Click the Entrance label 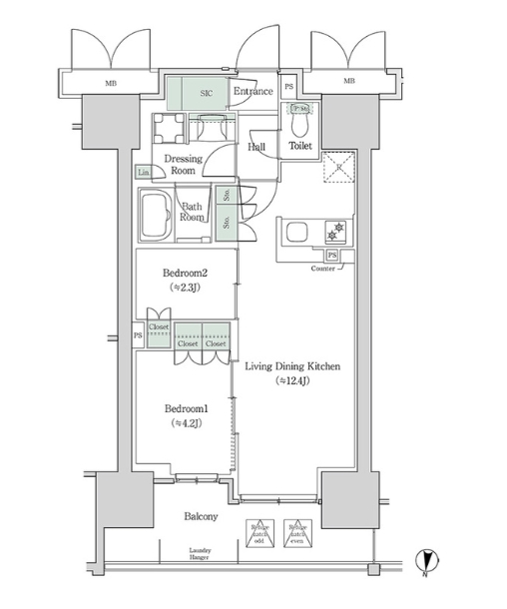point(253,93)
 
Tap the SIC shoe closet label point(207,93)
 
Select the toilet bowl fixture point(299,127)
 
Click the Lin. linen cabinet point(145,173)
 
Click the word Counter point(322,270)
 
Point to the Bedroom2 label point(185,272)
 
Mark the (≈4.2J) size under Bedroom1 point(185,423)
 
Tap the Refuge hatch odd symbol point(258,534)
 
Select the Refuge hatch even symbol point(295,534)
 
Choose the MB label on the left point(109,81)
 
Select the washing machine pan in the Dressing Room point(168,128)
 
